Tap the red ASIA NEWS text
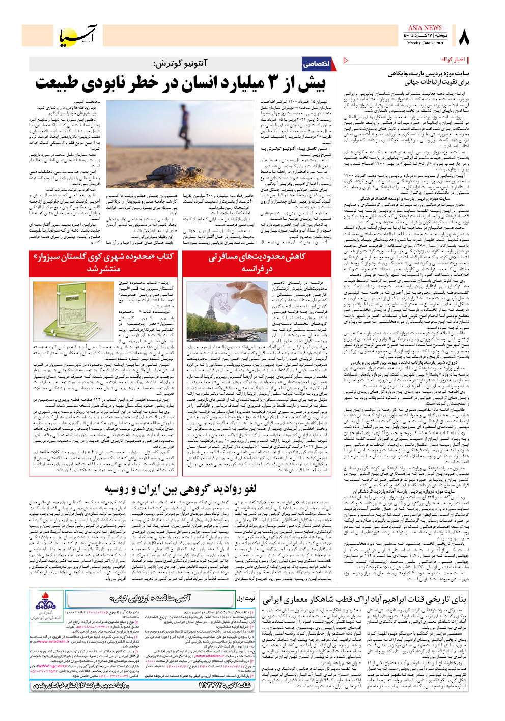(x=425, y=28)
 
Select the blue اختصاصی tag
(x=316, y=64)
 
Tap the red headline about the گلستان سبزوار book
(x=103, y=262)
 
